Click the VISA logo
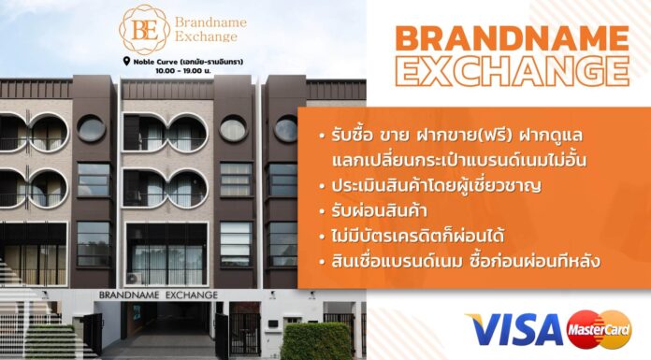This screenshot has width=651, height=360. [515, 329]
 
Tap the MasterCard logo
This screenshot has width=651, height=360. [600, 329]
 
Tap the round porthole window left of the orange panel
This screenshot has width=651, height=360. [285, 129]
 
